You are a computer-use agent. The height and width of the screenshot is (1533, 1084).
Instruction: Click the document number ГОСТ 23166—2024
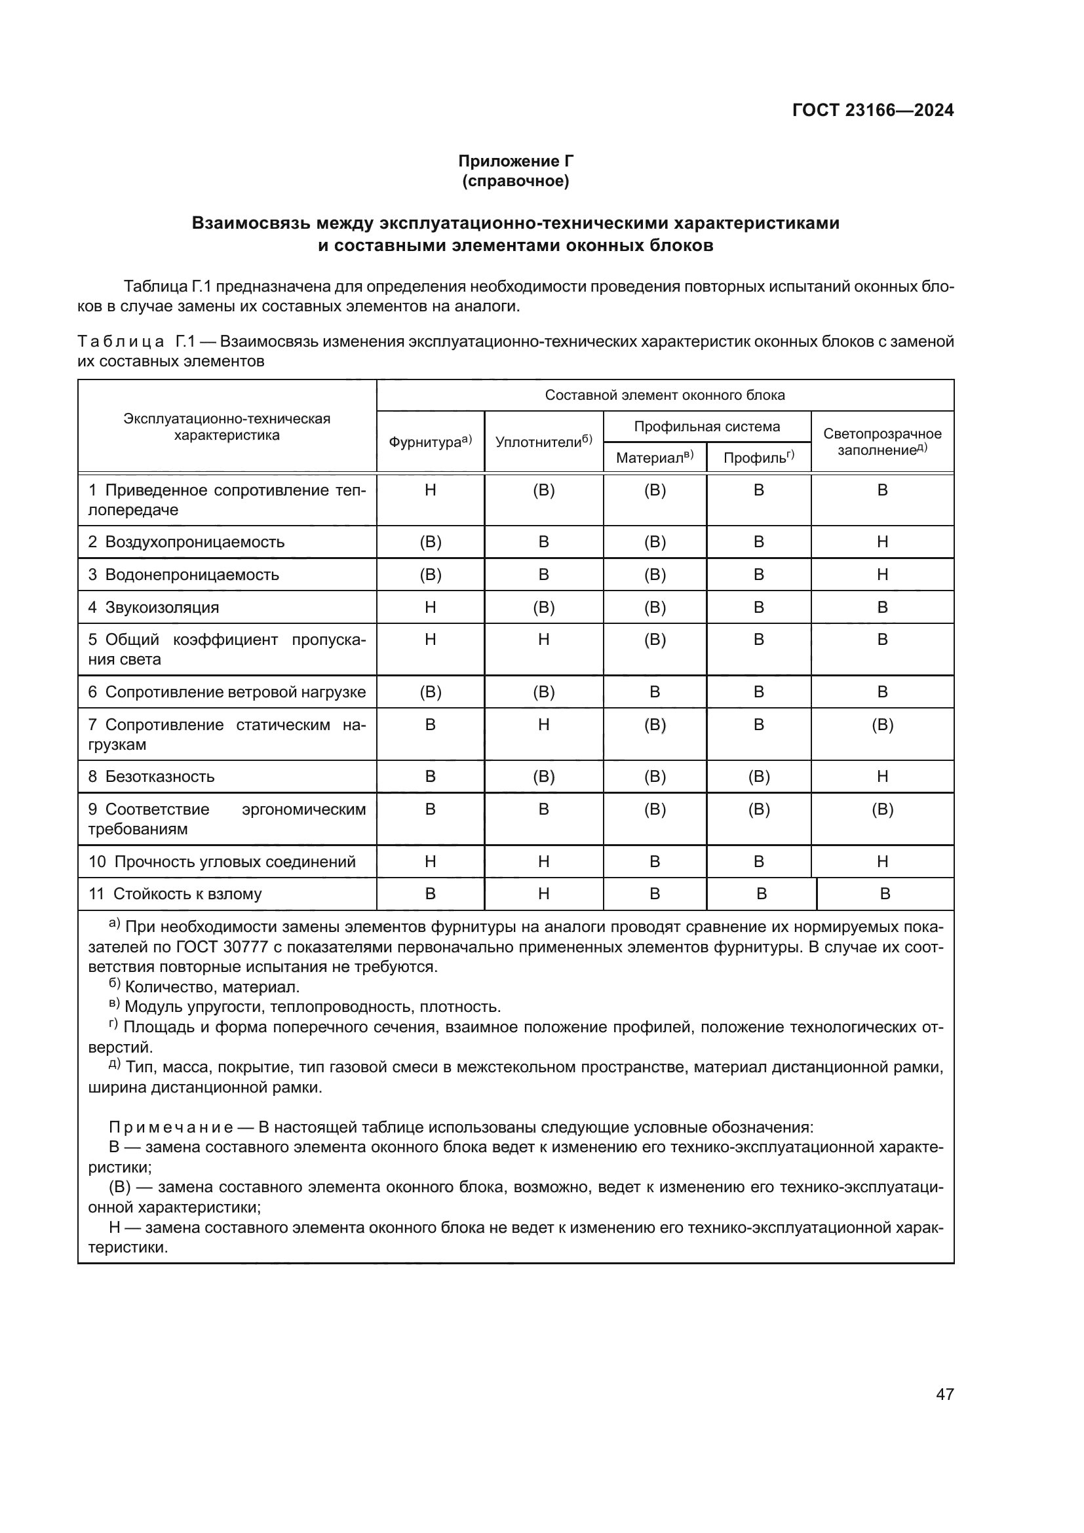click(x=872, y=110)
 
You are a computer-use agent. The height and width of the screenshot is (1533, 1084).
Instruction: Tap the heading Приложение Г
click(x=515, y=161)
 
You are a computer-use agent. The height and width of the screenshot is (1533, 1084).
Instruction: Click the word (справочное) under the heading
click(x=515, y=181)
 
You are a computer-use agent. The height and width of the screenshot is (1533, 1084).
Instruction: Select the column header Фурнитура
click(x=430, y=441)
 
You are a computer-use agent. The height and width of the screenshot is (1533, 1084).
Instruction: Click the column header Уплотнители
click(x=543, y=441)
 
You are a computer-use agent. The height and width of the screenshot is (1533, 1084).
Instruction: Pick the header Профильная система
click(x=707, y=427)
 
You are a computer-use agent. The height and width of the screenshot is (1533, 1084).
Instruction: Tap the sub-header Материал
click(x=654, y=457)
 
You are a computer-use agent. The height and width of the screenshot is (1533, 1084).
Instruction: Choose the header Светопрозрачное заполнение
click(x=881, y=441)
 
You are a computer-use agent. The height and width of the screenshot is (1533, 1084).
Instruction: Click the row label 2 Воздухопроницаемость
click(x=186, y=541)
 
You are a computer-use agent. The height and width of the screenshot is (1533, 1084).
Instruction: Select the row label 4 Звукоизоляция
click(x=153, y=607)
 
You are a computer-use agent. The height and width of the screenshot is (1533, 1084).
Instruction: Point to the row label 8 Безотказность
click(x=151, y=776)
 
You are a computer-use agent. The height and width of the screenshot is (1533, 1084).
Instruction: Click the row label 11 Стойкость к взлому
click(x=175, y=893)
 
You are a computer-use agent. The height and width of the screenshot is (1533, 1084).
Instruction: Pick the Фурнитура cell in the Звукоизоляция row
click(x=430, y=607)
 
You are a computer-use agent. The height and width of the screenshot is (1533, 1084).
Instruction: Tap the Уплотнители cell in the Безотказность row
click(x=543, y=776)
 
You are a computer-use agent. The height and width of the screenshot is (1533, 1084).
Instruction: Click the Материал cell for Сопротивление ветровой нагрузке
click(x=654, y=691)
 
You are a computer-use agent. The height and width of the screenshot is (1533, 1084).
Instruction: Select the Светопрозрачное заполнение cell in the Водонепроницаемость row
click(x=881, y=574)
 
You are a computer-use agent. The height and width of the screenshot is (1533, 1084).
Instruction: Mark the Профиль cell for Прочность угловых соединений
click(x=758, y=861)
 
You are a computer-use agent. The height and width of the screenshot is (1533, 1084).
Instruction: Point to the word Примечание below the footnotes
click(x=171, y=1128)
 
